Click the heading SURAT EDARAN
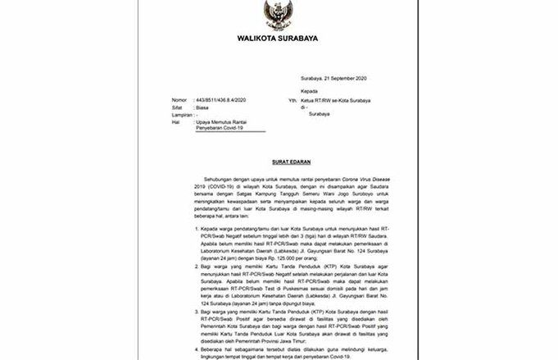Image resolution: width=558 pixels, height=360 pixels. click(279, 163)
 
